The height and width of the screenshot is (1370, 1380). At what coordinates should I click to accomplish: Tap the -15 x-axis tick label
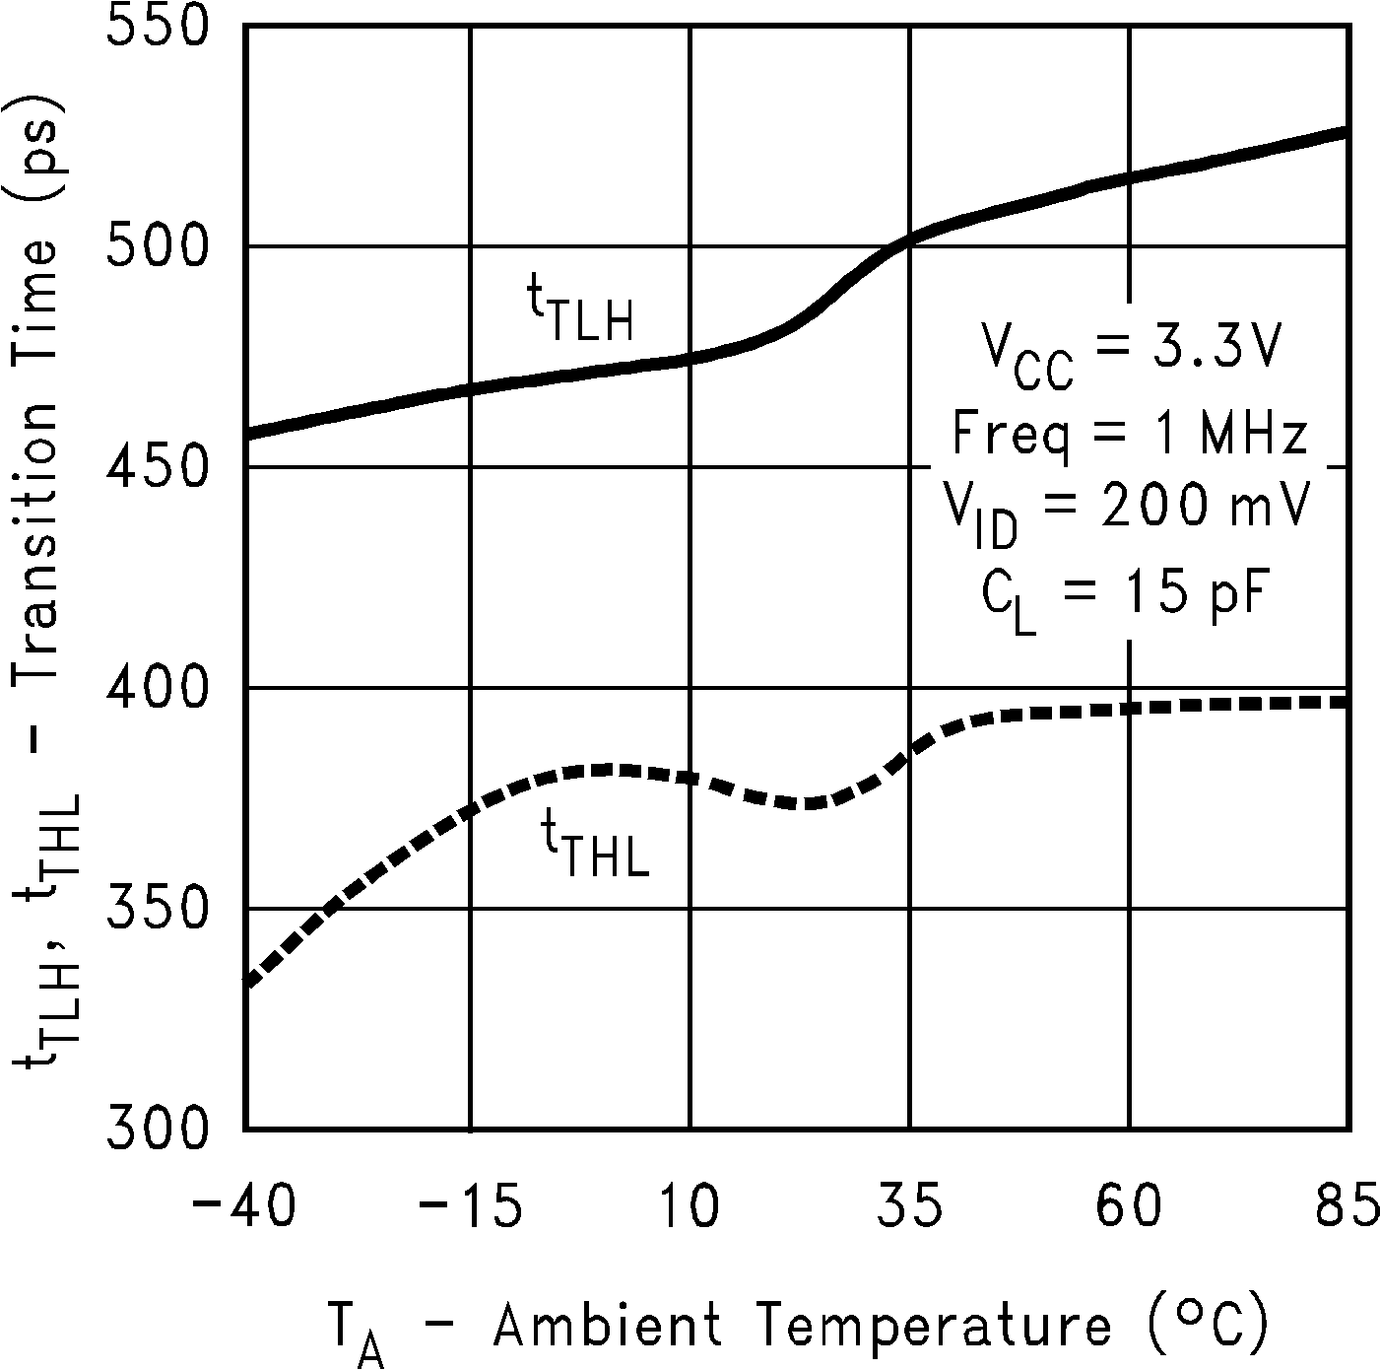[470, 1207]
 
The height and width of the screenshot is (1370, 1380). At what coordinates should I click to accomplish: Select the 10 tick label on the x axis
[690, 1207]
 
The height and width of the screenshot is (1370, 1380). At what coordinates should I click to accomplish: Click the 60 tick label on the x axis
[1130, 1207]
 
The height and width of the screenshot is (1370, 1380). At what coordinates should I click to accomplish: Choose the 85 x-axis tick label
[1347, 1207]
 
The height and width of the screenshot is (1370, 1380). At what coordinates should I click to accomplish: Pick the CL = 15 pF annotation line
[1123, 596]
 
